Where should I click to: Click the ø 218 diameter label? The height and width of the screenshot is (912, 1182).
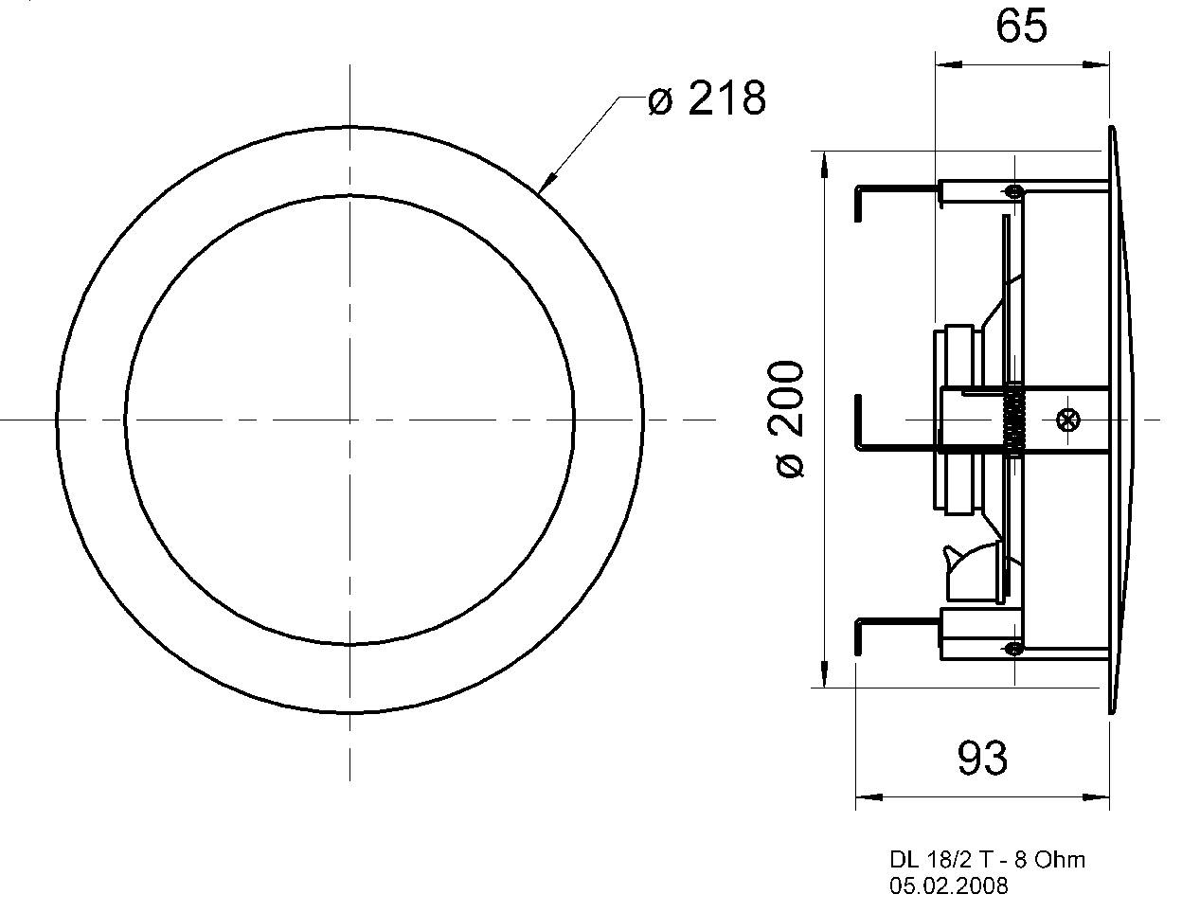707,98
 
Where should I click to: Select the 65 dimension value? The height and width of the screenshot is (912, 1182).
1021,27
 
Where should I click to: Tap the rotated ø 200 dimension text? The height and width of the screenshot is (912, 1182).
789,419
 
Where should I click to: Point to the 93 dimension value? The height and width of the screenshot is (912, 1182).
982,758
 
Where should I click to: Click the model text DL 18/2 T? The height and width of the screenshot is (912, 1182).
943,860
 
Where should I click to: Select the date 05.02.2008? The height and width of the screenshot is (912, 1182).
948,886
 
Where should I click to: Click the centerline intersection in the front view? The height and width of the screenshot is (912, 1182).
350,418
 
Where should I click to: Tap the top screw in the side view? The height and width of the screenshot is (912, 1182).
1014,191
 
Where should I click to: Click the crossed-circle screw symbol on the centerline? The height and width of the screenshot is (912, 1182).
1068,419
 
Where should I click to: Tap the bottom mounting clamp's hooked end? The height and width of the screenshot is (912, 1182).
858,636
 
